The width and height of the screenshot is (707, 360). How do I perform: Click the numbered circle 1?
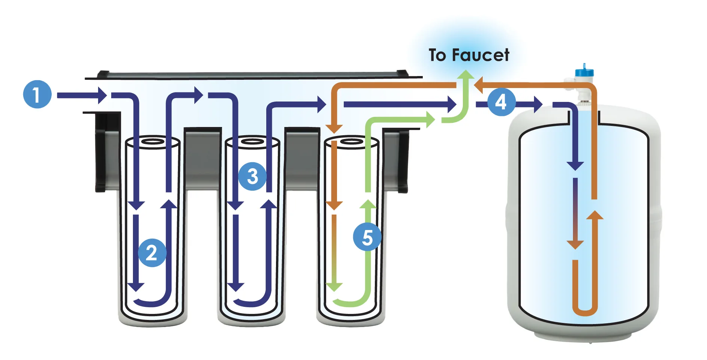(x=37, y=94)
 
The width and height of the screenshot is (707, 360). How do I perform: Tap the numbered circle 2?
(x=152, y=253)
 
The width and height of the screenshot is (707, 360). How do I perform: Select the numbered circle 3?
(x=252, y=176)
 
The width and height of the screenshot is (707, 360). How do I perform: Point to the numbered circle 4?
(x=501, y=102)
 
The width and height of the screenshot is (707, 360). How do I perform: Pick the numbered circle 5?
(x=367, y=237)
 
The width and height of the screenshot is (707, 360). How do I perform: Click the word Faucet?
(x=480, y=55)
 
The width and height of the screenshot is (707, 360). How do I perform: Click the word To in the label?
(x=437, y=55)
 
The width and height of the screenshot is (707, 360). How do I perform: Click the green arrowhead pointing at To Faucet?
(x=466, y=75)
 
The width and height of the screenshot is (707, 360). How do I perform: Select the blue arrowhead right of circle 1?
(x=102, y=96)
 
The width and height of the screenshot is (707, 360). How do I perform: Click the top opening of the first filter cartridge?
(x=152, y=142)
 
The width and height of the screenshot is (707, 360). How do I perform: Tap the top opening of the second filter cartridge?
(x=252, y=142)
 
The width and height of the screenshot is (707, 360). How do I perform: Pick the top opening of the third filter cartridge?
(x=351, y=142)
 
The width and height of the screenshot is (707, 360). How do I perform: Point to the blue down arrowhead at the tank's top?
(x=575, y=165)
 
